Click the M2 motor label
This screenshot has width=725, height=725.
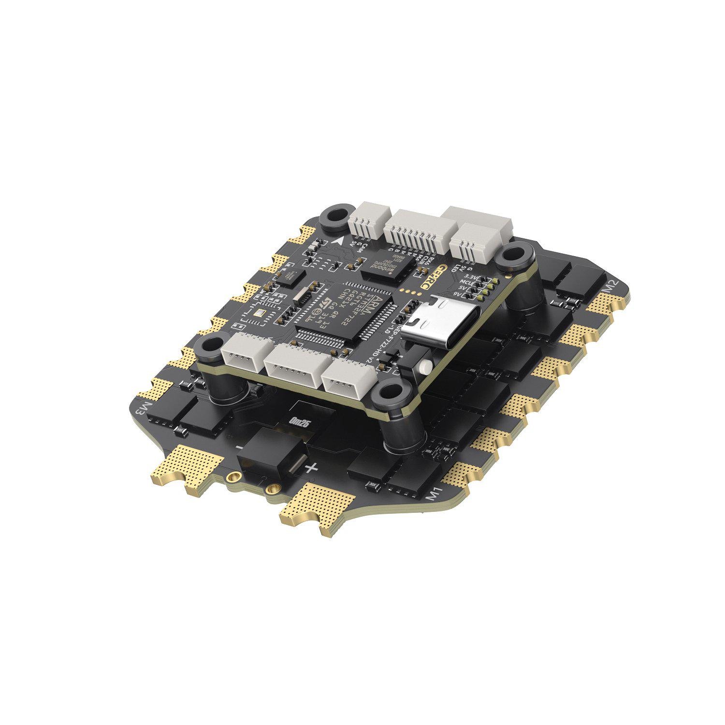(613, 287)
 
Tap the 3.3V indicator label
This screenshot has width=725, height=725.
(469, 277)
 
